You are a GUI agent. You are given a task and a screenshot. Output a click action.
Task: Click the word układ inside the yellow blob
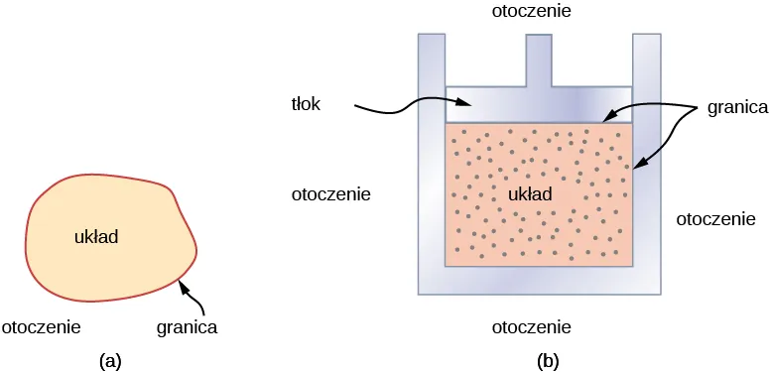97,237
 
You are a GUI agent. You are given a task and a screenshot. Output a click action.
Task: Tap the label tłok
307,104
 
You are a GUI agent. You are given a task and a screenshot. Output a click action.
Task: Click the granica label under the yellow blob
188,325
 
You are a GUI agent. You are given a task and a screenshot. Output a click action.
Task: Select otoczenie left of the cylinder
330,194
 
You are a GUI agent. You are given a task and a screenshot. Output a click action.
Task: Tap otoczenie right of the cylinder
716,218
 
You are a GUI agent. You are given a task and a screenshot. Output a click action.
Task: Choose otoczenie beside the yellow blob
42,325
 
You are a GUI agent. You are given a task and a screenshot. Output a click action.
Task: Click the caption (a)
111,361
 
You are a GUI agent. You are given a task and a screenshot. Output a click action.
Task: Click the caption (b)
548,361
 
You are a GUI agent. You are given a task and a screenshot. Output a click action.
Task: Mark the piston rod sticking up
539,60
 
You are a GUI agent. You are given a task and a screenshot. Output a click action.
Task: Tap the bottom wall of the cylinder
539,281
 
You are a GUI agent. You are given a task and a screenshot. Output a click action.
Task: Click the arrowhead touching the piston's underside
608,118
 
